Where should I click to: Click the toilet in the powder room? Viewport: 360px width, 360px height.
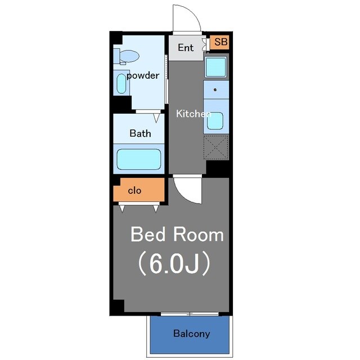point(127,56)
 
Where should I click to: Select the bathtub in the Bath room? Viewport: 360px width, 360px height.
point(139,159)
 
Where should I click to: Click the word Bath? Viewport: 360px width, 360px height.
point(140,133)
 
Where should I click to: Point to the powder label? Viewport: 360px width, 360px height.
point(143,75)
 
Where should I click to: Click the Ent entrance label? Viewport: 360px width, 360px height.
point(186,47)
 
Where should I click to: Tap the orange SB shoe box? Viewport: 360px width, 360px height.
point(219,42)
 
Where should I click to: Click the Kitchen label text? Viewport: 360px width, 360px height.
point(193,114)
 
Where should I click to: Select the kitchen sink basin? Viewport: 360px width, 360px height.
point(215,121)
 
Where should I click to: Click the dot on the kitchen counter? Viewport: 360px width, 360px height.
point(215,90)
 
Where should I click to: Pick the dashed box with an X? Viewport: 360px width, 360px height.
point(216,147)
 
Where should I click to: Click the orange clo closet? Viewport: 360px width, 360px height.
point(139,190)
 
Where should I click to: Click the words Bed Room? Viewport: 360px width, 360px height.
point(177,235)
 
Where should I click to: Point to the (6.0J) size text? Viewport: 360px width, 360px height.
point(174,263)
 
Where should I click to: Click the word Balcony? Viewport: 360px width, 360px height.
point(192,334)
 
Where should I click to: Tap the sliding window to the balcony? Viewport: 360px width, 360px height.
point(190,314)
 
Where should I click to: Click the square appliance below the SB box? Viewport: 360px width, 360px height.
point(215,67)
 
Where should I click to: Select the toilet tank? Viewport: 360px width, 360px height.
point(116,56)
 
